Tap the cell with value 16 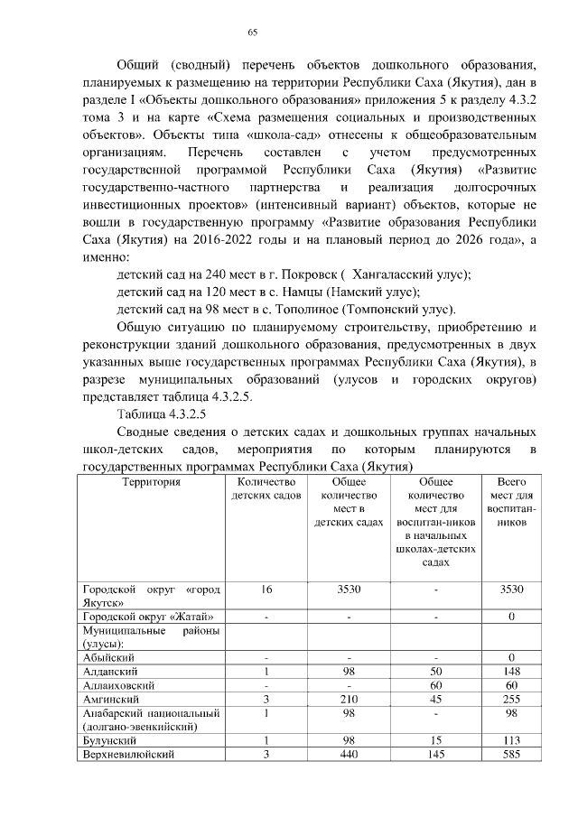266,589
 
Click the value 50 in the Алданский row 436,672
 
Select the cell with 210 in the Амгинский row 349,699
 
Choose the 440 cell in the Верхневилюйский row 349,755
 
